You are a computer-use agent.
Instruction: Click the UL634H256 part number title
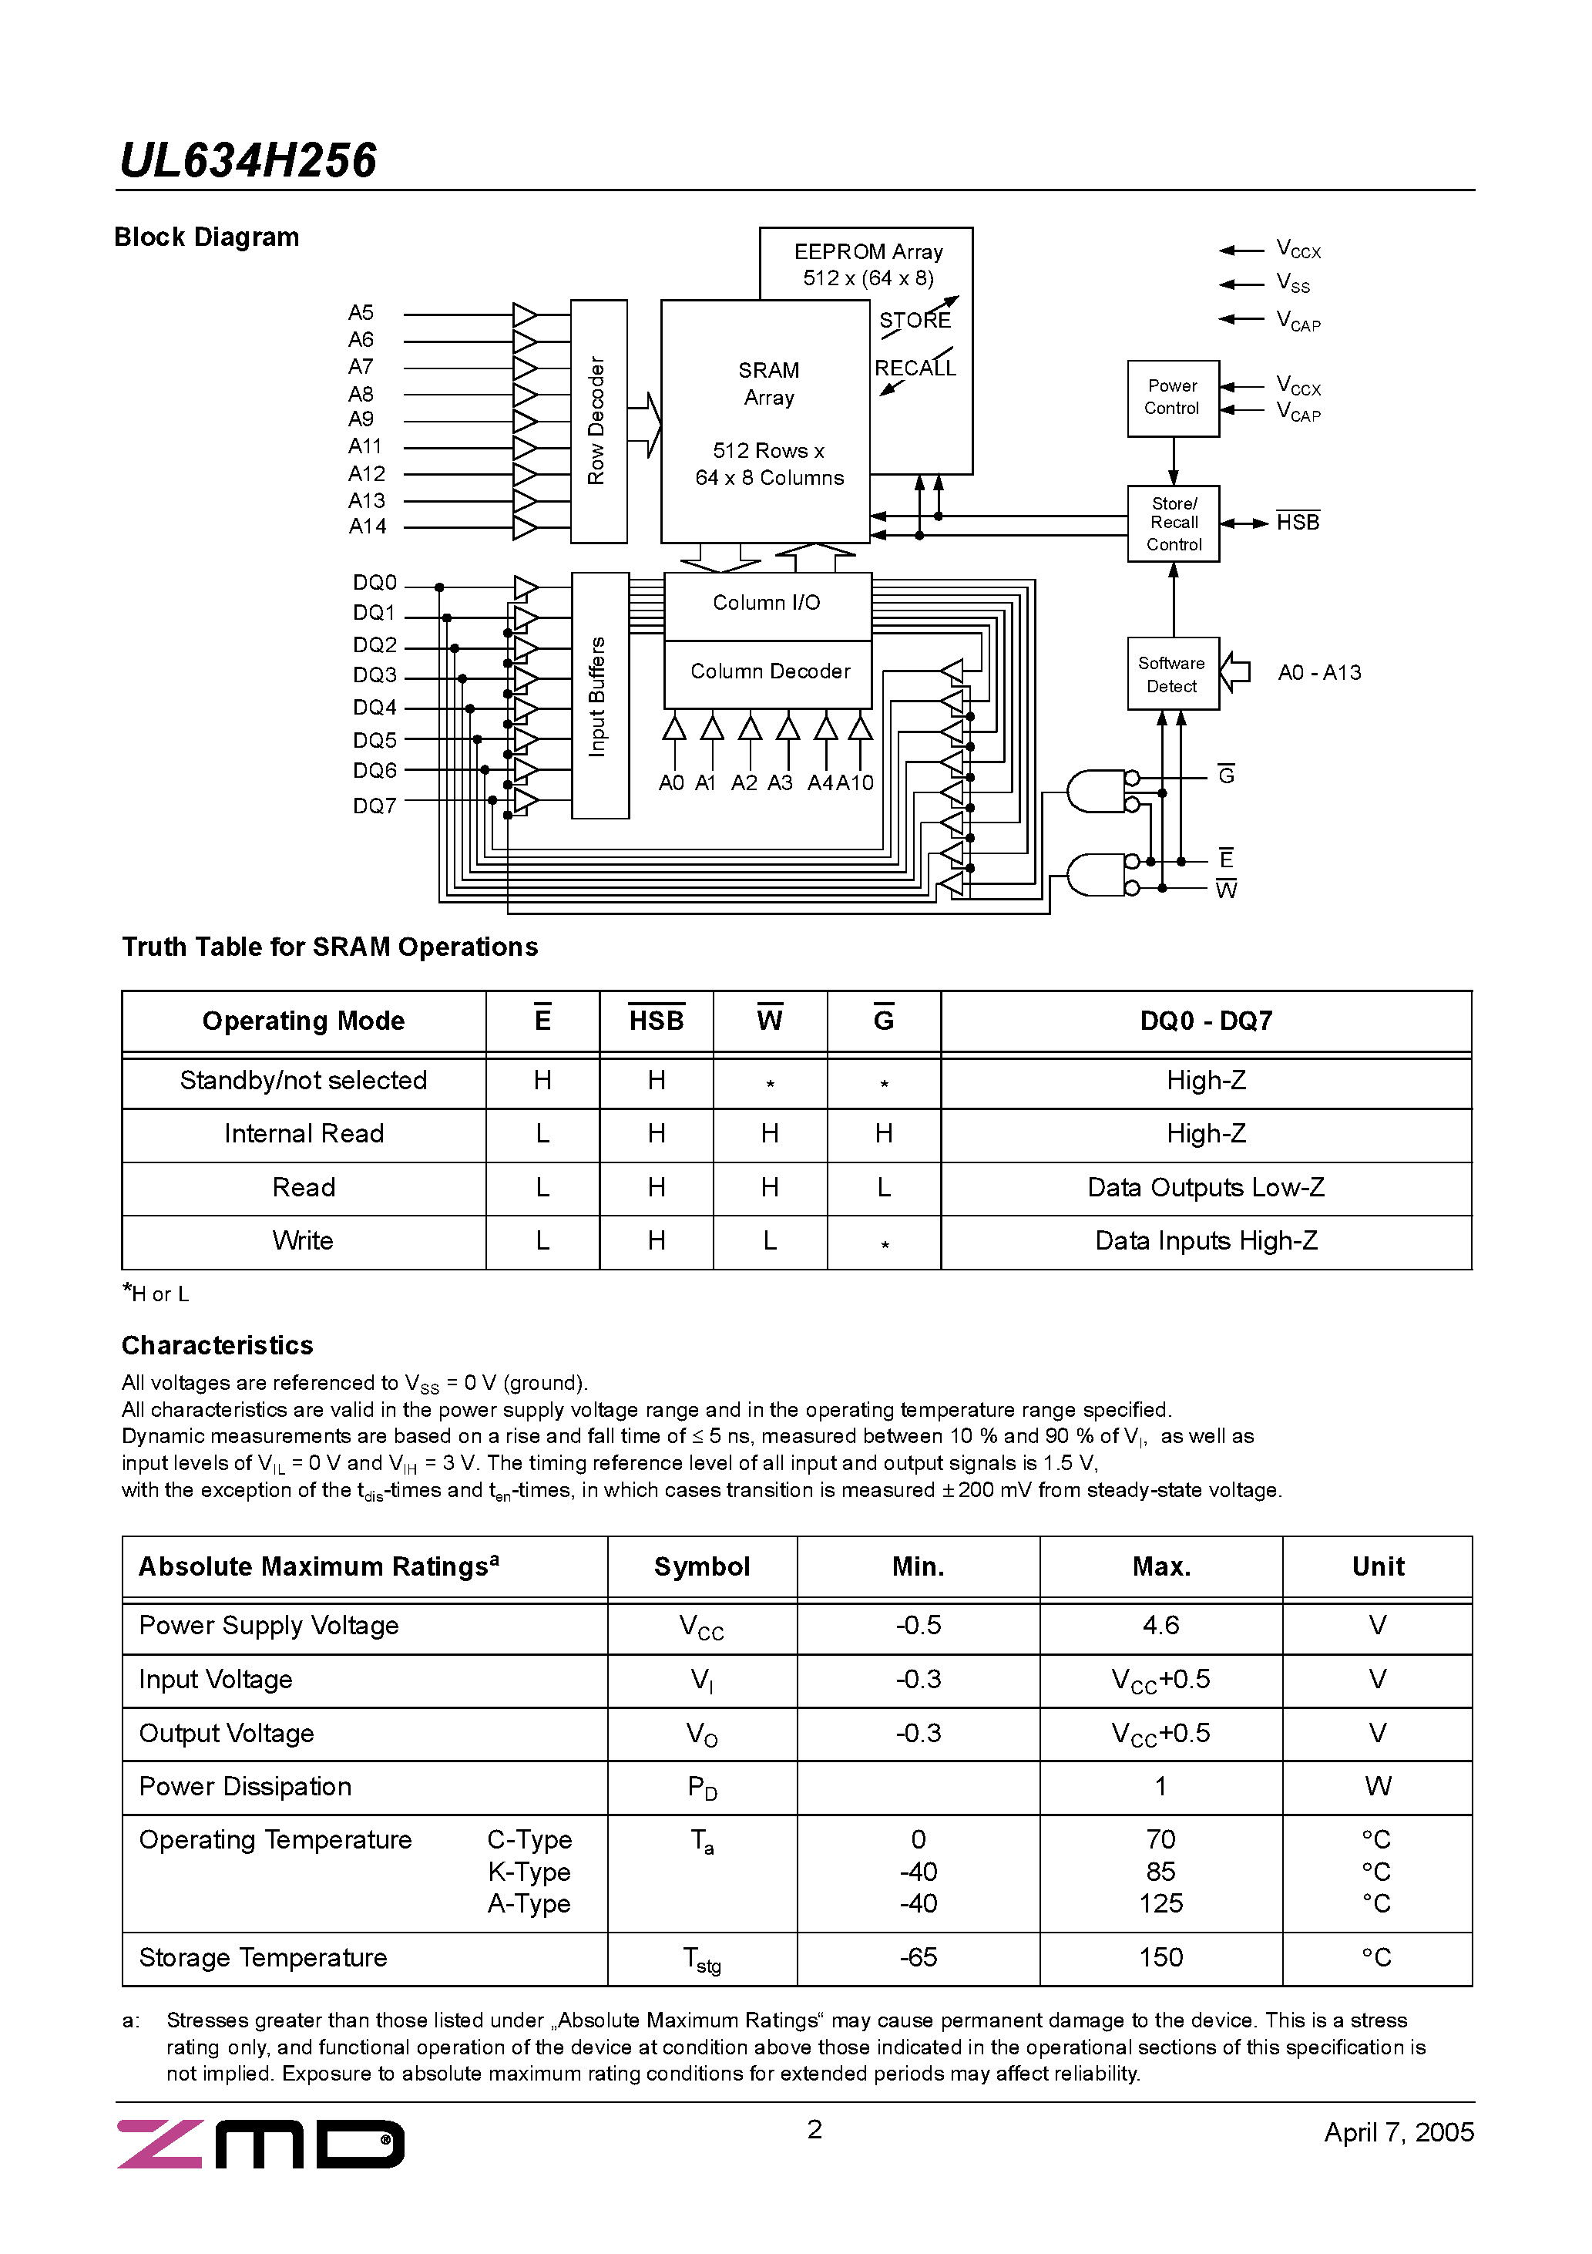(247, 161)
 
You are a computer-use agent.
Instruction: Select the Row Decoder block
(598, 421)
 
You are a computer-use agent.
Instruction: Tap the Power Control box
(1173, 398)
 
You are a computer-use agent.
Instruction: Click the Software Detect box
(1173, 675)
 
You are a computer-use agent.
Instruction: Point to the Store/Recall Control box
(1173, 523)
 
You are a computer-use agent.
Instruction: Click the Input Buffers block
(599, 696)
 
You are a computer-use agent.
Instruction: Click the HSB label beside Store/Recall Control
(1298, 523)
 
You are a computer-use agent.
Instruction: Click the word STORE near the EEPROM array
(915, 321)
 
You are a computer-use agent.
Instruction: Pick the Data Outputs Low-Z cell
(1205, 1188)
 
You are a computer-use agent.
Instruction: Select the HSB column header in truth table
(656, 1021)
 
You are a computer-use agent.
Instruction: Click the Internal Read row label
(304, 1134)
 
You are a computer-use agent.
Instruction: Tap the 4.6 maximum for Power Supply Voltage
(1160, 1626)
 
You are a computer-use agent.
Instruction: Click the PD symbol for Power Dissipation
(702, 1788)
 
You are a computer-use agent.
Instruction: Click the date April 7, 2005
(1398, 2132)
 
